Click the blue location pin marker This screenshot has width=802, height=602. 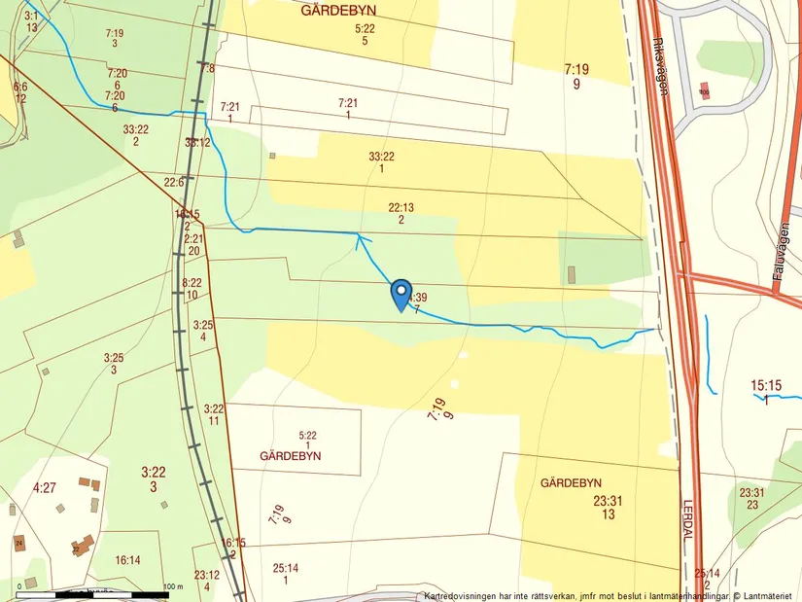click(400, 293)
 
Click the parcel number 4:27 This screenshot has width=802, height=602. click(45, 487)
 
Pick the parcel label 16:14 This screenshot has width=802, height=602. click(127, 560)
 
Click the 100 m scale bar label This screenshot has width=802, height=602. click(173, 586)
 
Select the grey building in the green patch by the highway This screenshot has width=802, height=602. click(571, 274)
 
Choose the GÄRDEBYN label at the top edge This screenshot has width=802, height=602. click(338, 11)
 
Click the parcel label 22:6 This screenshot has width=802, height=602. click(174, 182)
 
